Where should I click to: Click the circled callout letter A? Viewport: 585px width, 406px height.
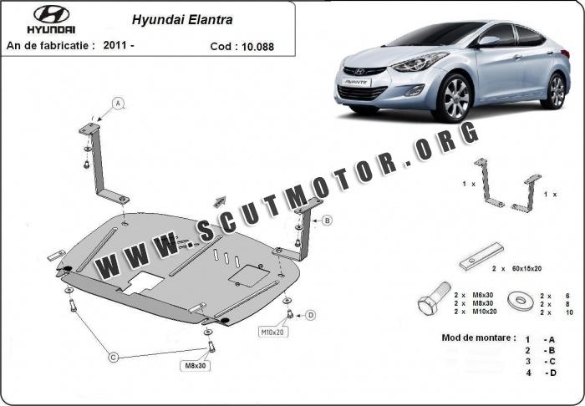[118, 104]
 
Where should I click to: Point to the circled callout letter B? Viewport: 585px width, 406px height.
[327, 221]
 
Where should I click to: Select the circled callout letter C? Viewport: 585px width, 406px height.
[113, 357]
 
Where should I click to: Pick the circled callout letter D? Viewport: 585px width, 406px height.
[310, 315]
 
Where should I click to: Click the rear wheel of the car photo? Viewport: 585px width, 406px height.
[553, 90]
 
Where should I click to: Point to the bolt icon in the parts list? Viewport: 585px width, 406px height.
[428, 302]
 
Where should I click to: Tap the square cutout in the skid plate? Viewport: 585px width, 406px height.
[248, 272]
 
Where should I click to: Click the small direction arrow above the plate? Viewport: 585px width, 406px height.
[221, 200]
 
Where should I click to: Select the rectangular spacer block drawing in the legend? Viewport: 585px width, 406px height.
[481, 256]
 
